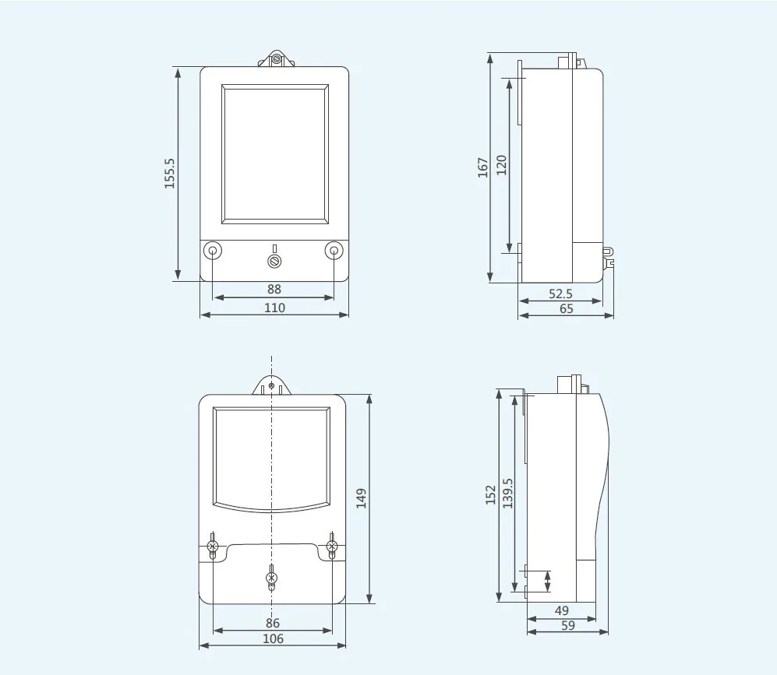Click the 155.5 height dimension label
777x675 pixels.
coord(170,174)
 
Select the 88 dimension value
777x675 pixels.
coord(274,289)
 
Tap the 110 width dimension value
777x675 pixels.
coord(274,308)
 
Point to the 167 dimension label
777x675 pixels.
coord(483,167)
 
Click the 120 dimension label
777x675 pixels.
coord(501,164)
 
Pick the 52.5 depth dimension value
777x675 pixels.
coord(560,294)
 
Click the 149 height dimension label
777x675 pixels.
coord(361,498)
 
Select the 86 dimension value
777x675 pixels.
coord(272,623)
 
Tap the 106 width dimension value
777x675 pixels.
coord(273,638)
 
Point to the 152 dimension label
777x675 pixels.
coord(490,494)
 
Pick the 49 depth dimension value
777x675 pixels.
coord(562,610)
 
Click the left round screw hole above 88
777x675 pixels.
coord(213,251)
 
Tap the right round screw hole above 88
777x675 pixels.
coord(334,251)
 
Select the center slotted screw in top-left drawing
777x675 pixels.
coord(274,260)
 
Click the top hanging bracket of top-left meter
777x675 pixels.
coord(275,58)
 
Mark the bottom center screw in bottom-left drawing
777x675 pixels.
coord(271,578)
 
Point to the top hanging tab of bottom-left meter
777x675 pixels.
coord(270,385)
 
